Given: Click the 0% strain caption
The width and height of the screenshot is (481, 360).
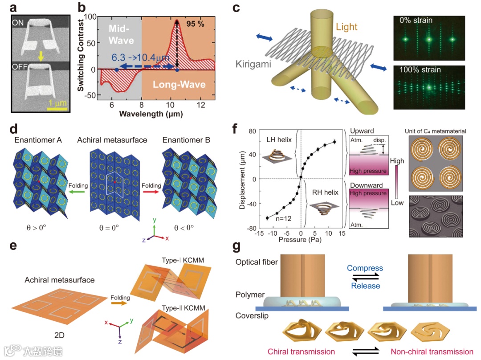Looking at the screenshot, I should (x=417, y=20).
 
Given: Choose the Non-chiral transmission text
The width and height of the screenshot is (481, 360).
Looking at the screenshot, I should (x=432, y=352).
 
